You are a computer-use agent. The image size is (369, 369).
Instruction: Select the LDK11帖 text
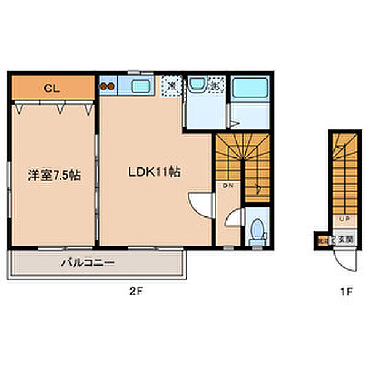(x=154, y=173)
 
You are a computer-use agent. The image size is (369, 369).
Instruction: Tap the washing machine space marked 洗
(x=215, y=85)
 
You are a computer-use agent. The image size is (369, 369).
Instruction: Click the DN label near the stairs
(x=227, y=185)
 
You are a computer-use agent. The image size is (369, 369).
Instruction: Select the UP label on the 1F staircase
(x=343, y=218)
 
